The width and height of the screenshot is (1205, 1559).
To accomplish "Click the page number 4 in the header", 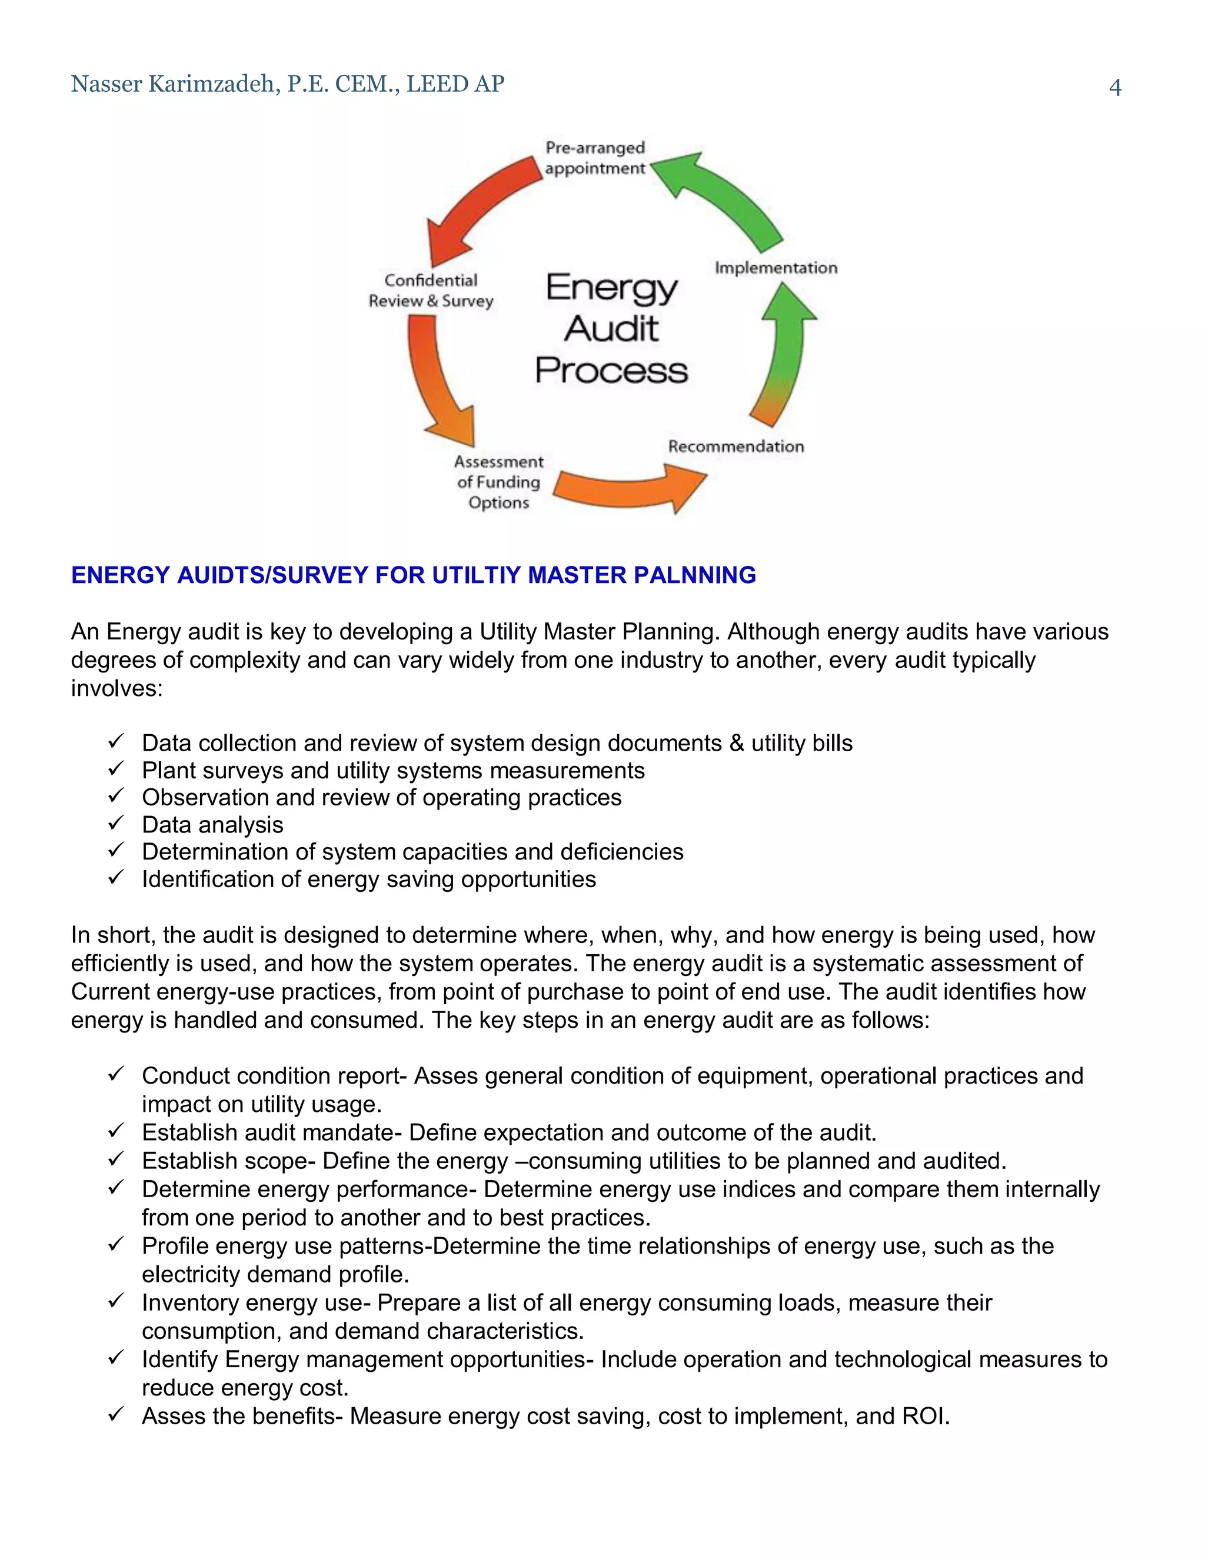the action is click(x=1114, y=87).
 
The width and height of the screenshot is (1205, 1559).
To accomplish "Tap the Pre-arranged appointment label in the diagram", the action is click(x=595, y=158).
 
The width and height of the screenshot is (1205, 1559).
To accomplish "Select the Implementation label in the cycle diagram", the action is click(x=776, y=268).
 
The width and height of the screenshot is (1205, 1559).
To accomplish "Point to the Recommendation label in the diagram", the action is click(x=736, y=446).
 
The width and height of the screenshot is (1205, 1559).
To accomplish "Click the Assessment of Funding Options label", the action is click(x=498, y=482).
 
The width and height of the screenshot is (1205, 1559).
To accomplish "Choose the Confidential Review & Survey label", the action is click(x=431, y=291).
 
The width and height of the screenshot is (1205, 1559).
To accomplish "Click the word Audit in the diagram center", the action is click(x=612, y=329).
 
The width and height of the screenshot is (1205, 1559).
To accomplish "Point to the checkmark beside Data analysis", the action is click(x=116, y=823).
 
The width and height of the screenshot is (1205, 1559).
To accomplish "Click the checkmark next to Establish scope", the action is click(x=116, y=1160).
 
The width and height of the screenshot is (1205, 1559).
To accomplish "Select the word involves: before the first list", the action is click(x=117, y=688).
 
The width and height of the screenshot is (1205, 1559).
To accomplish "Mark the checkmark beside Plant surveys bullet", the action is click(x=116, y=769).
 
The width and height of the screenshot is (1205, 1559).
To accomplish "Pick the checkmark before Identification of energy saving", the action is click(x=116, y=877).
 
